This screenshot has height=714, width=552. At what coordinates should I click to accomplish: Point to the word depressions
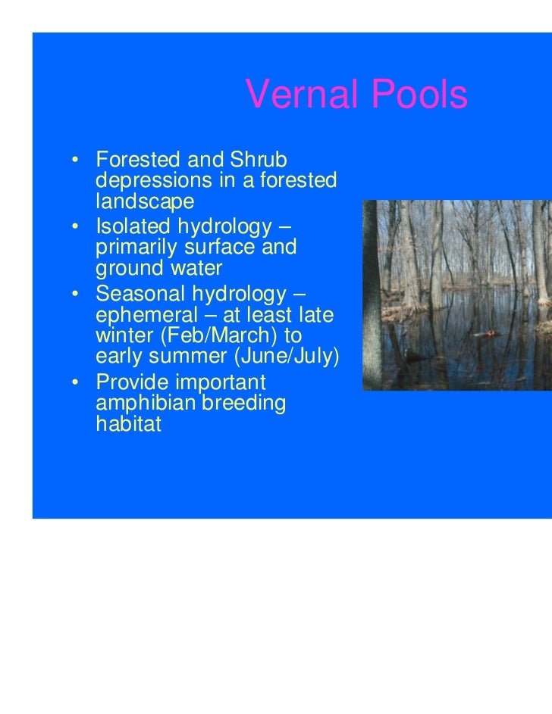click(156, 182)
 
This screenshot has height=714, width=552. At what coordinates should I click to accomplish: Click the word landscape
click(145, 202)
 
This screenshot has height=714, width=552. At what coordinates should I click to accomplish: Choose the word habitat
click(129, 425)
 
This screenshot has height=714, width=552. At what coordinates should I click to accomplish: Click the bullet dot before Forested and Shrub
click(76, 161)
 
